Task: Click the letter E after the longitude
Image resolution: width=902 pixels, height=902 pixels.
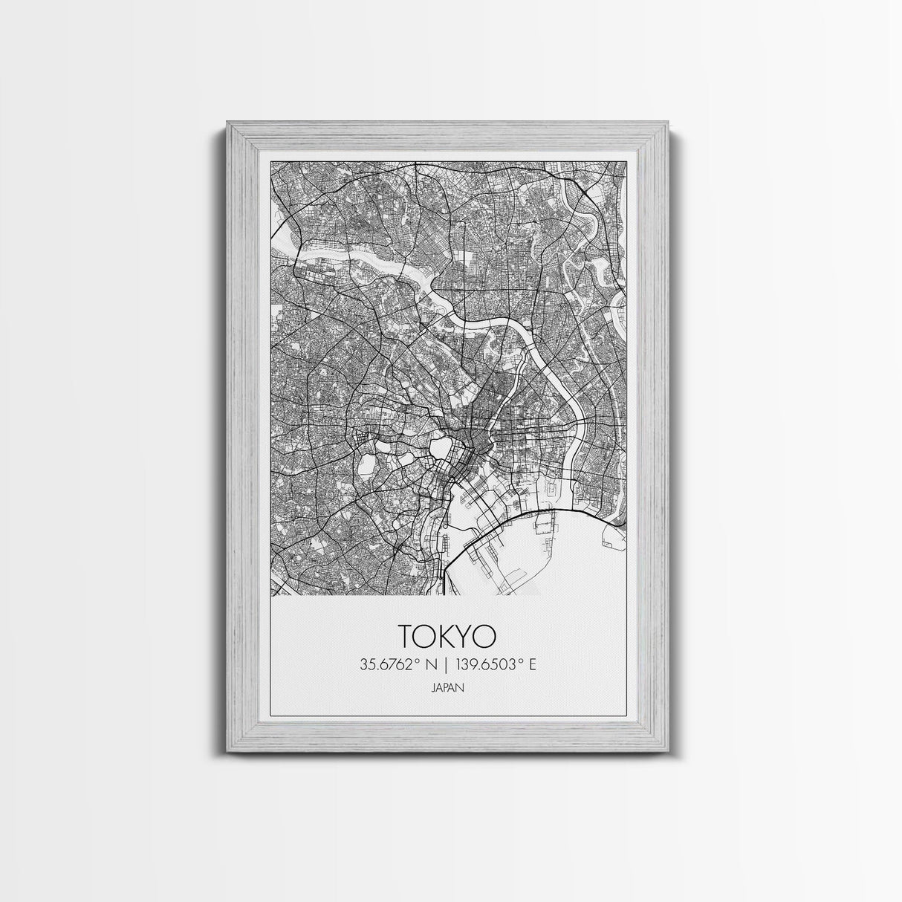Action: (x=532, y=664)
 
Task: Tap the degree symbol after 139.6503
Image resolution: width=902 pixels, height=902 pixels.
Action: (x=519, y=661)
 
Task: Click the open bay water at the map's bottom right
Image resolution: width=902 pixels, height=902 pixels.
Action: (x=550, y=565)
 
